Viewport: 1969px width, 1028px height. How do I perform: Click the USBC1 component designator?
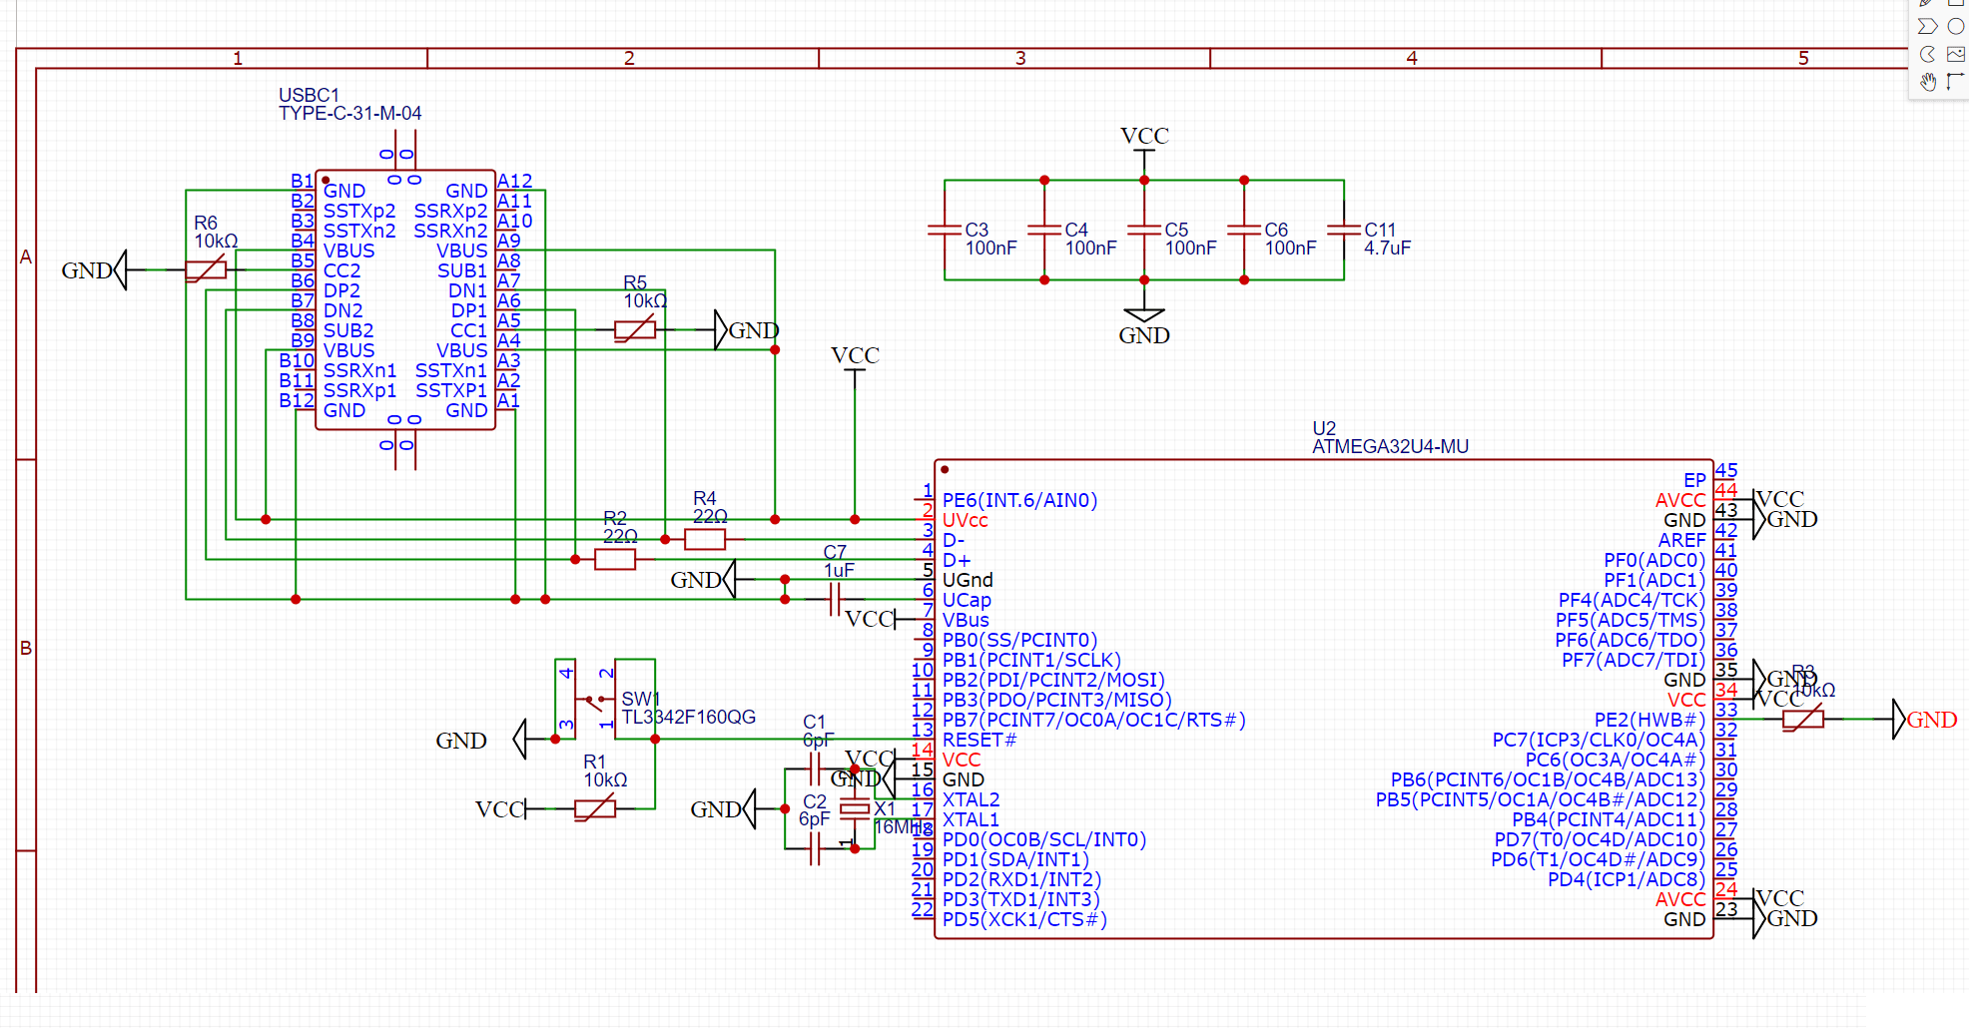click(309, 95)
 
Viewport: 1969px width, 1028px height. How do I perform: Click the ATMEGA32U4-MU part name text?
click(1390, 447)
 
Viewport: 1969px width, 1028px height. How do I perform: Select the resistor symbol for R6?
click(206, 269)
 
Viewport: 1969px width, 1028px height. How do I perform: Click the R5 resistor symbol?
click(635, 329)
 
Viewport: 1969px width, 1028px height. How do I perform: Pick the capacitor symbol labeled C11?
click(1344, 230)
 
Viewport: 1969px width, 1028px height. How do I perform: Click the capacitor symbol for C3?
click(945, 230)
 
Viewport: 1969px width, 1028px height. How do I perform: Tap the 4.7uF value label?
click(1387, 248)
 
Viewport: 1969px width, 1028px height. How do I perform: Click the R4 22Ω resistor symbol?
click(705, 539)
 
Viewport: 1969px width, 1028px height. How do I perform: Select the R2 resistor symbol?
click(615, 559)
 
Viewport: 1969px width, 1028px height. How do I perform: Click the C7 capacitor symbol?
click(835, 599)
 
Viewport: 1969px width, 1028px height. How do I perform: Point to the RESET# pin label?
click(980, 740)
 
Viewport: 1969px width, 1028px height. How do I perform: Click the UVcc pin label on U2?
click(966, 520)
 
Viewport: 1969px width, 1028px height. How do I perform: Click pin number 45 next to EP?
click(1726, 470)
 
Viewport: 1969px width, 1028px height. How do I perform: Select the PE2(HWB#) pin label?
click(1649, 720)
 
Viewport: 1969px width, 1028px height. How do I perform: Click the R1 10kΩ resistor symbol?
click(595, 808)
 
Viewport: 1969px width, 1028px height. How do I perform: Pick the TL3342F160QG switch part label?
click(688, 718)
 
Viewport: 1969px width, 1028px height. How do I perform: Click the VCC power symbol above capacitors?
click(1144, 137)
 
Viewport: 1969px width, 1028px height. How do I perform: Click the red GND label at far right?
click(1931, 720)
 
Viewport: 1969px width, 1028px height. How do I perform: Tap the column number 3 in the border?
click(1020, 58)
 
